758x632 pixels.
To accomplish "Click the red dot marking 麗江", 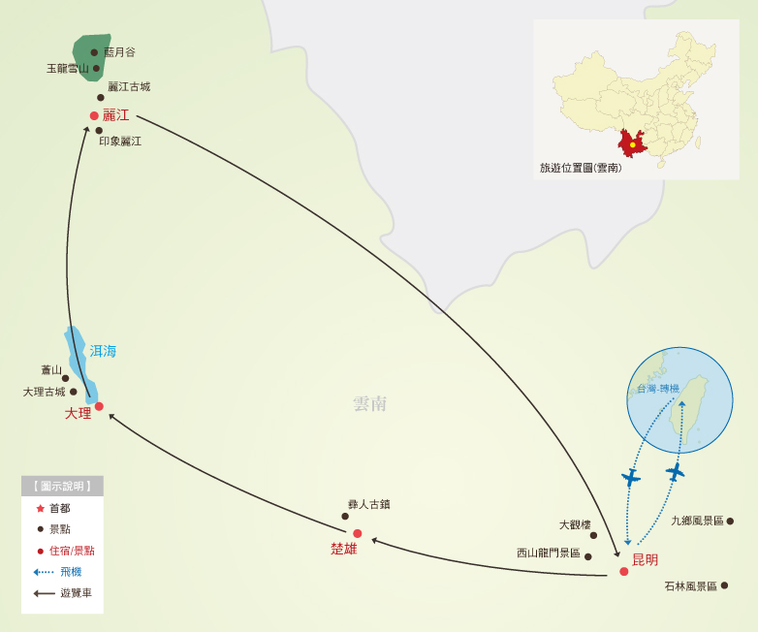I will [x=94, y=115].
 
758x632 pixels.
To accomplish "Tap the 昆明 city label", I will [x=645, y=559].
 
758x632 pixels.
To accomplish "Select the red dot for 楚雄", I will [x=357, y=533].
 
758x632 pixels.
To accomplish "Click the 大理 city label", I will [x=78, y=413].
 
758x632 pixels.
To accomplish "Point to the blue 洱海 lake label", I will [x=103, y=351].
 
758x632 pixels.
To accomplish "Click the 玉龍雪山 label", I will [x=68, y=68].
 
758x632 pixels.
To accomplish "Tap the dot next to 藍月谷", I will [x=94, y=52].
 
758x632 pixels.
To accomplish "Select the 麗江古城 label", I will [x=129, y=86].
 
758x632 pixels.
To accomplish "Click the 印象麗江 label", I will [x=120, y=141].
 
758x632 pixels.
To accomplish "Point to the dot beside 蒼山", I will [x=65, y=378].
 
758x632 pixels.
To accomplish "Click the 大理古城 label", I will [x=44, y=392].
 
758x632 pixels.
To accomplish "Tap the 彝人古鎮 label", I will [x=368, y=504].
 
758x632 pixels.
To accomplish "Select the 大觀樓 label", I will [x=575, y=524].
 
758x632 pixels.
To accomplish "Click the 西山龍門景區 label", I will [x=548, y=553].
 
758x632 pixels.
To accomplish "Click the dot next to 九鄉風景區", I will [x=730, y=521].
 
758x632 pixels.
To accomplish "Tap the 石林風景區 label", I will [x=690, y=585].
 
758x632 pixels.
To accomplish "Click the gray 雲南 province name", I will [x=370, y=403].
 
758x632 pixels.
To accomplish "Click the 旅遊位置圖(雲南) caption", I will [x=581, y=168].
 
